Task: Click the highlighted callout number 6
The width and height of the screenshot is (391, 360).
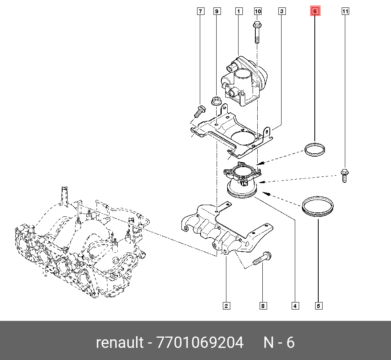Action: click(315, 11)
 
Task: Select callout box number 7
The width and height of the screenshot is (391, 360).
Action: click(200, 11)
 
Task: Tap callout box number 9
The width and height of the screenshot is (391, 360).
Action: click(217, 11)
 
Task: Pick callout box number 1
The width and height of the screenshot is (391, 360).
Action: click(238, 11)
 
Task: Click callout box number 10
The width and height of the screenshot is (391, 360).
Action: click(258, 11)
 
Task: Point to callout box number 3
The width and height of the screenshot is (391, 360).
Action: click(282, 11)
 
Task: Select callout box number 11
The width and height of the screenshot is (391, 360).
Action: click(345, 11)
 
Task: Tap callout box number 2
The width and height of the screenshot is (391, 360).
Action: click(226, 306)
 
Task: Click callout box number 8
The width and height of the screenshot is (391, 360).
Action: click(263, 306)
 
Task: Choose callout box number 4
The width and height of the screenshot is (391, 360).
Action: click(296, 306)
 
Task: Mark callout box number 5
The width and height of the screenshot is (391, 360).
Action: click(319, 306)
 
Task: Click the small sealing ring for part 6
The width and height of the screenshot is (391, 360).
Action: click(315, 150)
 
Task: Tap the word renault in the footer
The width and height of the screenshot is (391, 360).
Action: click(120, 343)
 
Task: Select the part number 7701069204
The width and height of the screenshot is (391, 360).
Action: click(200, 343)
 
